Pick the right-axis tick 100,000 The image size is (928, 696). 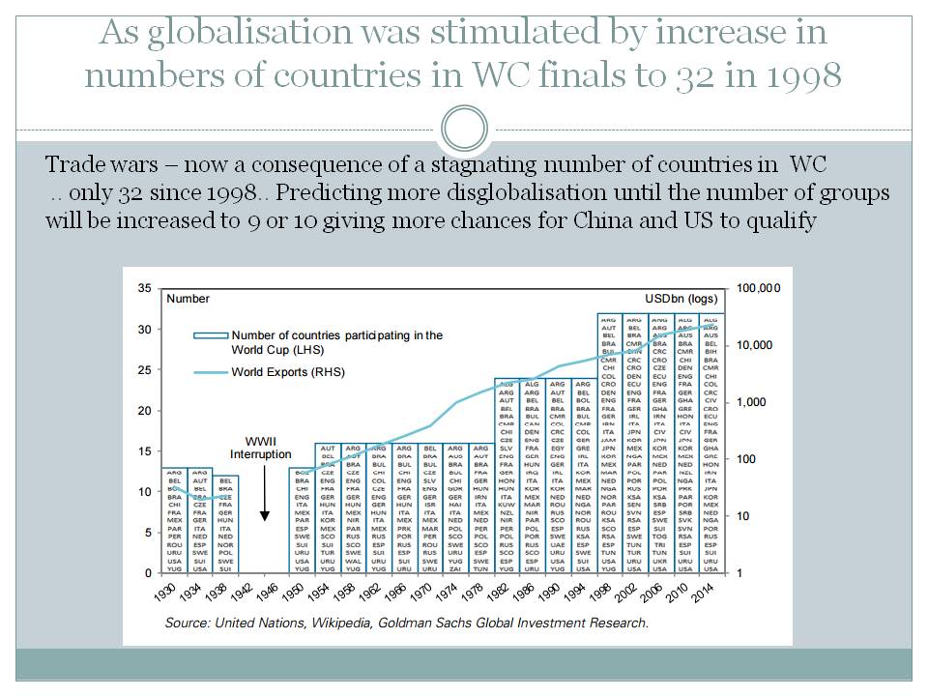[758, 288]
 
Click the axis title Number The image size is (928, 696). [188, 299]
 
